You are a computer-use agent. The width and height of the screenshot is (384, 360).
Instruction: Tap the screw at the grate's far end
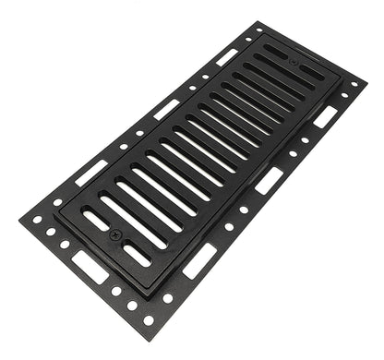click(294, 62)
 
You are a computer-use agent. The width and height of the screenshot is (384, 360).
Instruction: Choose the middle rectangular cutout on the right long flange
click(269, 180)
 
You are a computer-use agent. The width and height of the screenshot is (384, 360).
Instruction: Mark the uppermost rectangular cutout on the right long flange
click(325, 116)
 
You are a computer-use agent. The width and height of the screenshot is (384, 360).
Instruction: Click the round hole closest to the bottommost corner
click(149, 320)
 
